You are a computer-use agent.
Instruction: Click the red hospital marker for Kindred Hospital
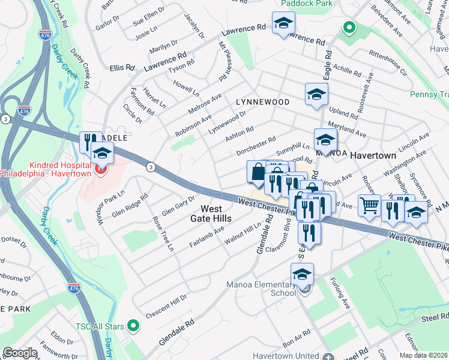point(100,170)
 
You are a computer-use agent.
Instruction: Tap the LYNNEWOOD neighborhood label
point(262,103)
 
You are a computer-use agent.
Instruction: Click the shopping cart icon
point(369,205)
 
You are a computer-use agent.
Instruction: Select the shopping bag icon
point(258,172)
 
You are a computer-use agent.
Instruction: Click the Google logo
point(20,353)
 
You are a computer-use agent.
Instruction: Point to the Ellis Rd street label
point(122,68)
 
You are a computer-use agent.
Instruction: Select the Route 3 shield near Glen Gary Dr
point(150,166)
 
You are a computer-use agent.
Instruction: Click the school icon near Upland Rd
point(316,95)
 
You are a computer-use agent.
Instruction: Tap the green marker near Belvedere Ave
point(347,28)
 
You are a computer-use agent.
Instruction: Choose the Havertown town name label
point(373,155)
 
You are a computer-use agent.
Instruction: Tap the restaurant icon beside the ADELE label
point(90,142)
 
